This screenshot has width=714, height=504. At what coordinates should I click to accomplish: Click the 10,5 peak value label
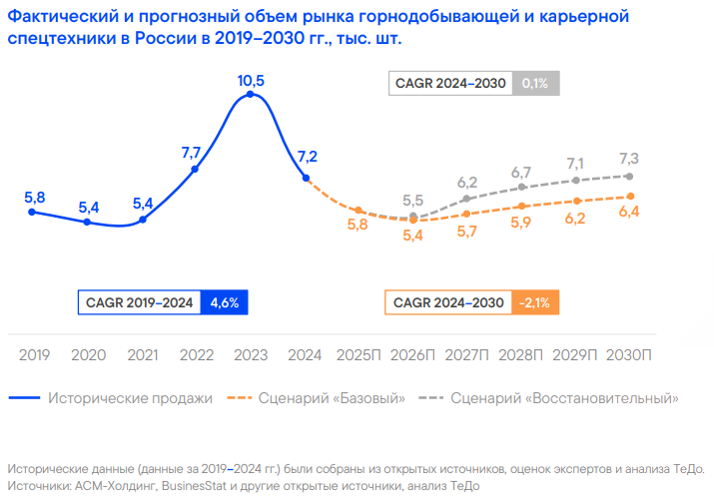(x=251, y=80)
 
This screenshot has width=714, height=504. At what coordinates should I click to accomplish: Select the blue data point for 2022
(x=195, y=170)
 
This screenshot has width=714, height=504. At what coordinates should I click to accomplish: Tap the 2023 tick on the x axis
(x=250, y=355)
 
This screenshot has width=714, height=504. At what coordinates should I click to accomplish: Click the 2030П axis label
(x=629, y=355)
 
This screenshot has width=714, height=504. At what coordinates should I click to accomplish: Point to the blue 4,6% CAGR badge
(x=224, y=302)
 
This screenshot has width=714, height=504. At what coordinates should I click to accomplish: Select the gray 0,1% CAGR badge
(x=535, y=84)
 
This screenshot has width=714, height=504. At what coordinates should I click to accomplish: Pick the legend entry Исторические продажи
(x=129, y=398)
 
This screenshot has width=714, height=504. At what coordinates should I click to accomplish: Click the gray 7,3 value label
(x=629, y=158)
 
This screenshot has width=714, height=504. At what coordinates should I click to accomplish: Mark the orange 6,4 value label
(x=629, y=212)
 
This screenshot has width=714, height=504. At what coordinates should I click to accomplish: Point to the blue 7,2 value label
(x=306, y=156)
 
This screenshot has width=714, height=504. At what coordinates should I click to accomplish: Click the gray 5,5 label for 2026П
(x=413, y=200)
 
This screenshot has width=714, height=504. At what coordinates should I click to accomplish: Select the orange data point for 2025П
(x=357, y=210)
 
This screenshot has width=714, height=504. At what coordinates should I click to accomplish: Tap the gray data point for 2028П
(x=521, y=187)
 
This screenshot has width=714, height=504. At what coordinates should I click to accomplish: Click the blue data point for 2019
(x=33, y=212)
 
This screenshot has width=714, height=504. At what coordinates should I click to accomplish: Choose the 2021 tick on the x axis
(x=143, y=355)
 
